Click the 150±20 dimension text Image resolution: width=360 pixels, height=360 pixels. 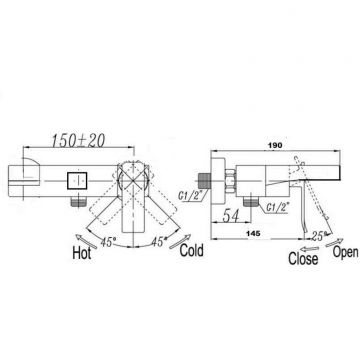point(78,140)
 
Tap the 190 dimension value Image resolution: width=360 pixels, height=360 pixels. point(276,145)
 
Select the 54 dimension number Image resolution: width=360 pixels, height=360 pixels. point(231,216)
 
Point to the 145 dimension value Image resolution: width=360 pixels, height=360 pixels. point(254,234)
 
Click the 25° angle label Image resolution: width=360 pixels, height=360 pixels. point(317,236)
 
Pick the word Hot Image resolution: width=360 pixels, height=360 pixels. point(82,254)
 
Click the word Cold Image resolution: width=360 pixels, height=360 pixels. point(191,251)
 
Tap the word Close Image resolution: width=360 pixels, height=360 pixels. point(303,259)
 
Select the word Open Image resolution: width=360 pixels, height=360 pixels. point(346,252)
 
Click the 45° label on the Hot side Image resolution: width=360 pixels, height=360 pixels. point(108,242)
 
